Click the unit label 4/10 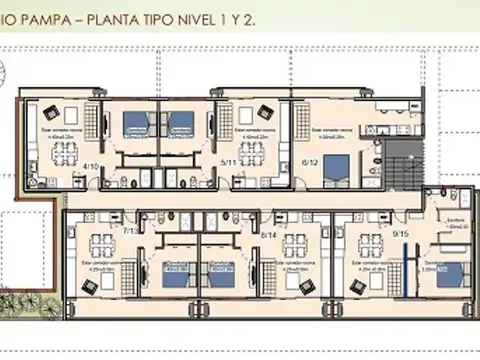[91, 166]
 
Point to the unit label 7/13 [130, 231]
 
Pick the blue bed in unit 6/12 [337, 166]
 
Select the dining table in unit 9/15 [371, 244]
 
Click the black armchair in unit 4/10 [52, 111]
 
